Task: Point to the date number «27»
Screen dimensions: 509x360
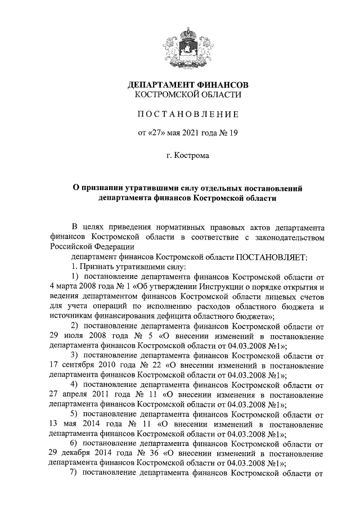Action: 158,133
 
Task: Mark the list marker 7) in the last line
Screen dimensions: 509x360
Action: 73,474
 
